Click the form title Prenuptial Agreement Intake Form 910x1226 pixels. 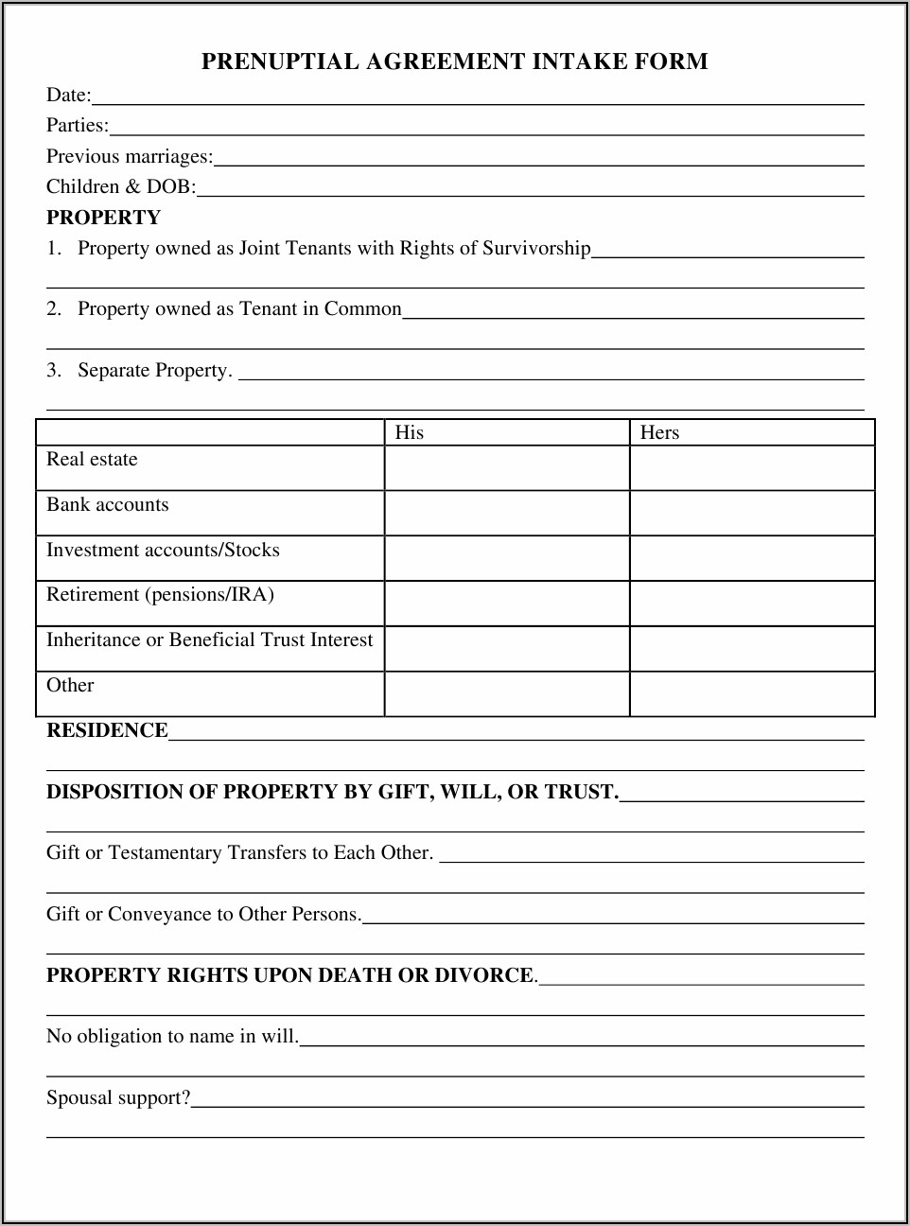454,62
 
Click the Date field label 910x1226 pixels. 68,95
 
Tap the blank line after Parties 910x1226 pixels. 486,127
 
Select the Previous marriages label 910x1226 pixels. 130,156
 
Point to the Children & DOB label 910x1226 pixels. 121,186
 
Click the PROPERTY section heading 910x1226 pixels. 103,218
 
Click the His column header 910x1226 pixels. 409,432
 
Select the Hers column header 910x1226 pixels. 659,432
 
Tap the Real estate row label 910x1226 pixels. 92,460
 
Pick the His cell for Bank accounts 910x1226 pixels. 507,513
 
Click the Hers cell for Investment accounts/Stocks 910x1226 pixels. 752,558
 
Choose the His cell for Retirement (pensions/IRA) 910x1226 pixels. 507,604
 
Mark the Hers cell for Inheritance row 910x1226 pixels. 752,649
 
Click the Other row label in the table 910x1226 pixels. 70,686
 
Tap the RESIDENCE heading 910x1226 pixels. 107,730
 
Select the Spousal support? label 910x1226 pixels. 118,1097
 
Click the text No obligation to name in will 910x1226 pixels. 172,1036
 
